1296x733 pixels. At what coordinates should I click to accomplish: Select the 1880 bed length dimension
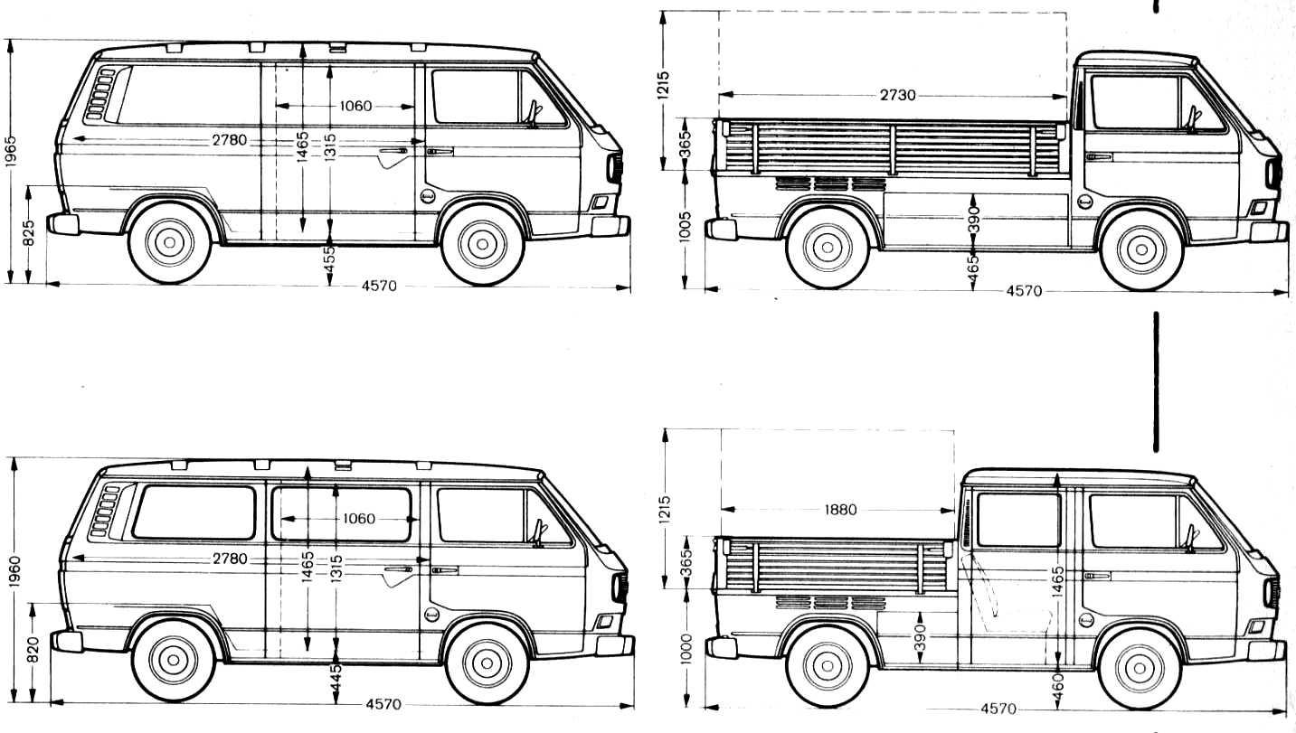tap(839, 510)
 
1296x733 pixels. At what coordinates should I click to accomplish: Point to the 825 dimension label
tap(31, 234)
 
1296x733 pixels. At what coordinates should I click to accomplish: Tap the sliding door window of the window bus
tap(342, 515)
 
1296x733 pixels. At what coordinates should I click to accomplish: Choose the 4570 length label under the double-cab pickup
tap(998, 709)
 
